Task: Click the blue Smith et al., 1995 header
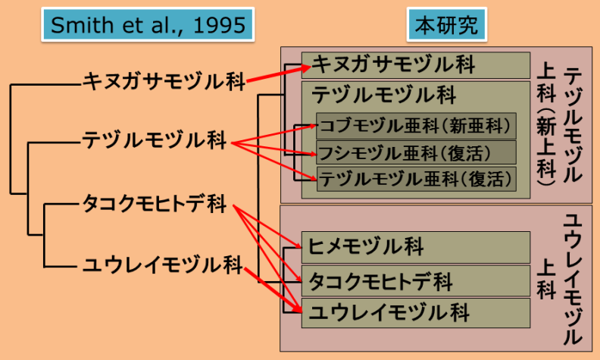click(x=148, y=26)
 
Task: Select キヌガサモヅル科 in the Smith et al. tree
click(x=164, y=81)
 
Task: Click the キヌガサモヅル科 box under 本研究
click(x=415, y=64)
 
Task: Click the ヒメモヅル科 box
click(x=415, y=246)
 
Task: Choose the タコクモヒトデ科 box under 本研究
click(x=415, y=282)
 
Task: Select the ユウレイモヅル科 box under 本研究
click(x=415, y=311)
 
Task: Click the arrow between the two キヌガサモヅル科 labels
click(x=277, y=73)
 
